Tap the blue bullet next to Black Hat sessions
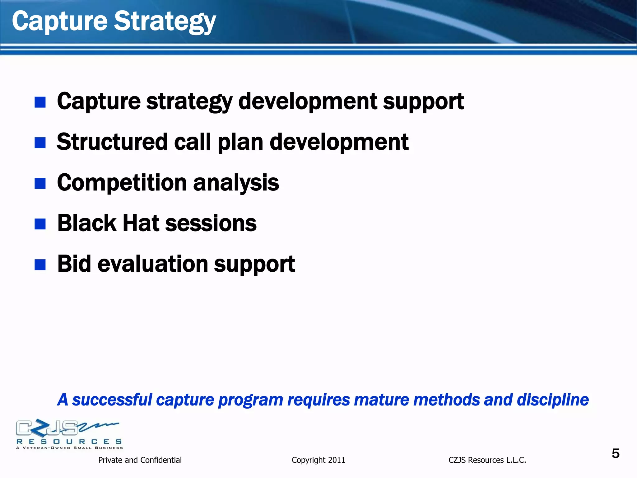(40, 224)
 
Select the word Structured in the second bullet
(112, 142)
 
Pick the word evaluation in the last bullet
(153, 264)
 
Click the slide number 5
(615, 453)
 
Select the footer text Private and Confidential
(140, 460)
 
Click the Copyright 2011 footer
(318, 460)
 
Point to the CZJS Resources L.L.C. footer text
(487, 460)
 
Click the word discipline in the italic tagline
(552, 400)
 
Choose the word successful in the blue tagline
(112, 400)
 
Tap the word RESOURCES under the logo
(69, 442)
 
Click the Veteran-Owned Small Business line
(69, 448)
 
